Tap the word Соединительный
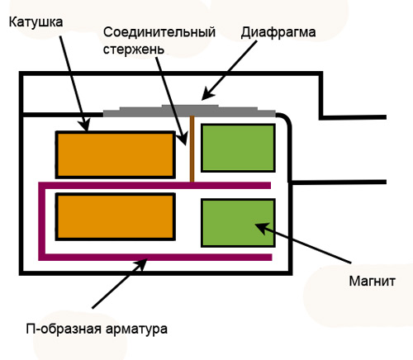tap(159, 32)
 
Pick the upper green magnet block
tap(238, 148)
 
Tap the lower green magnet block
tap(238, 223)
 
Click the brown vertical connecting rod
tap(192, 149)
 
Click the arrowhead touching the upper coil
tap(84, 126)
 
